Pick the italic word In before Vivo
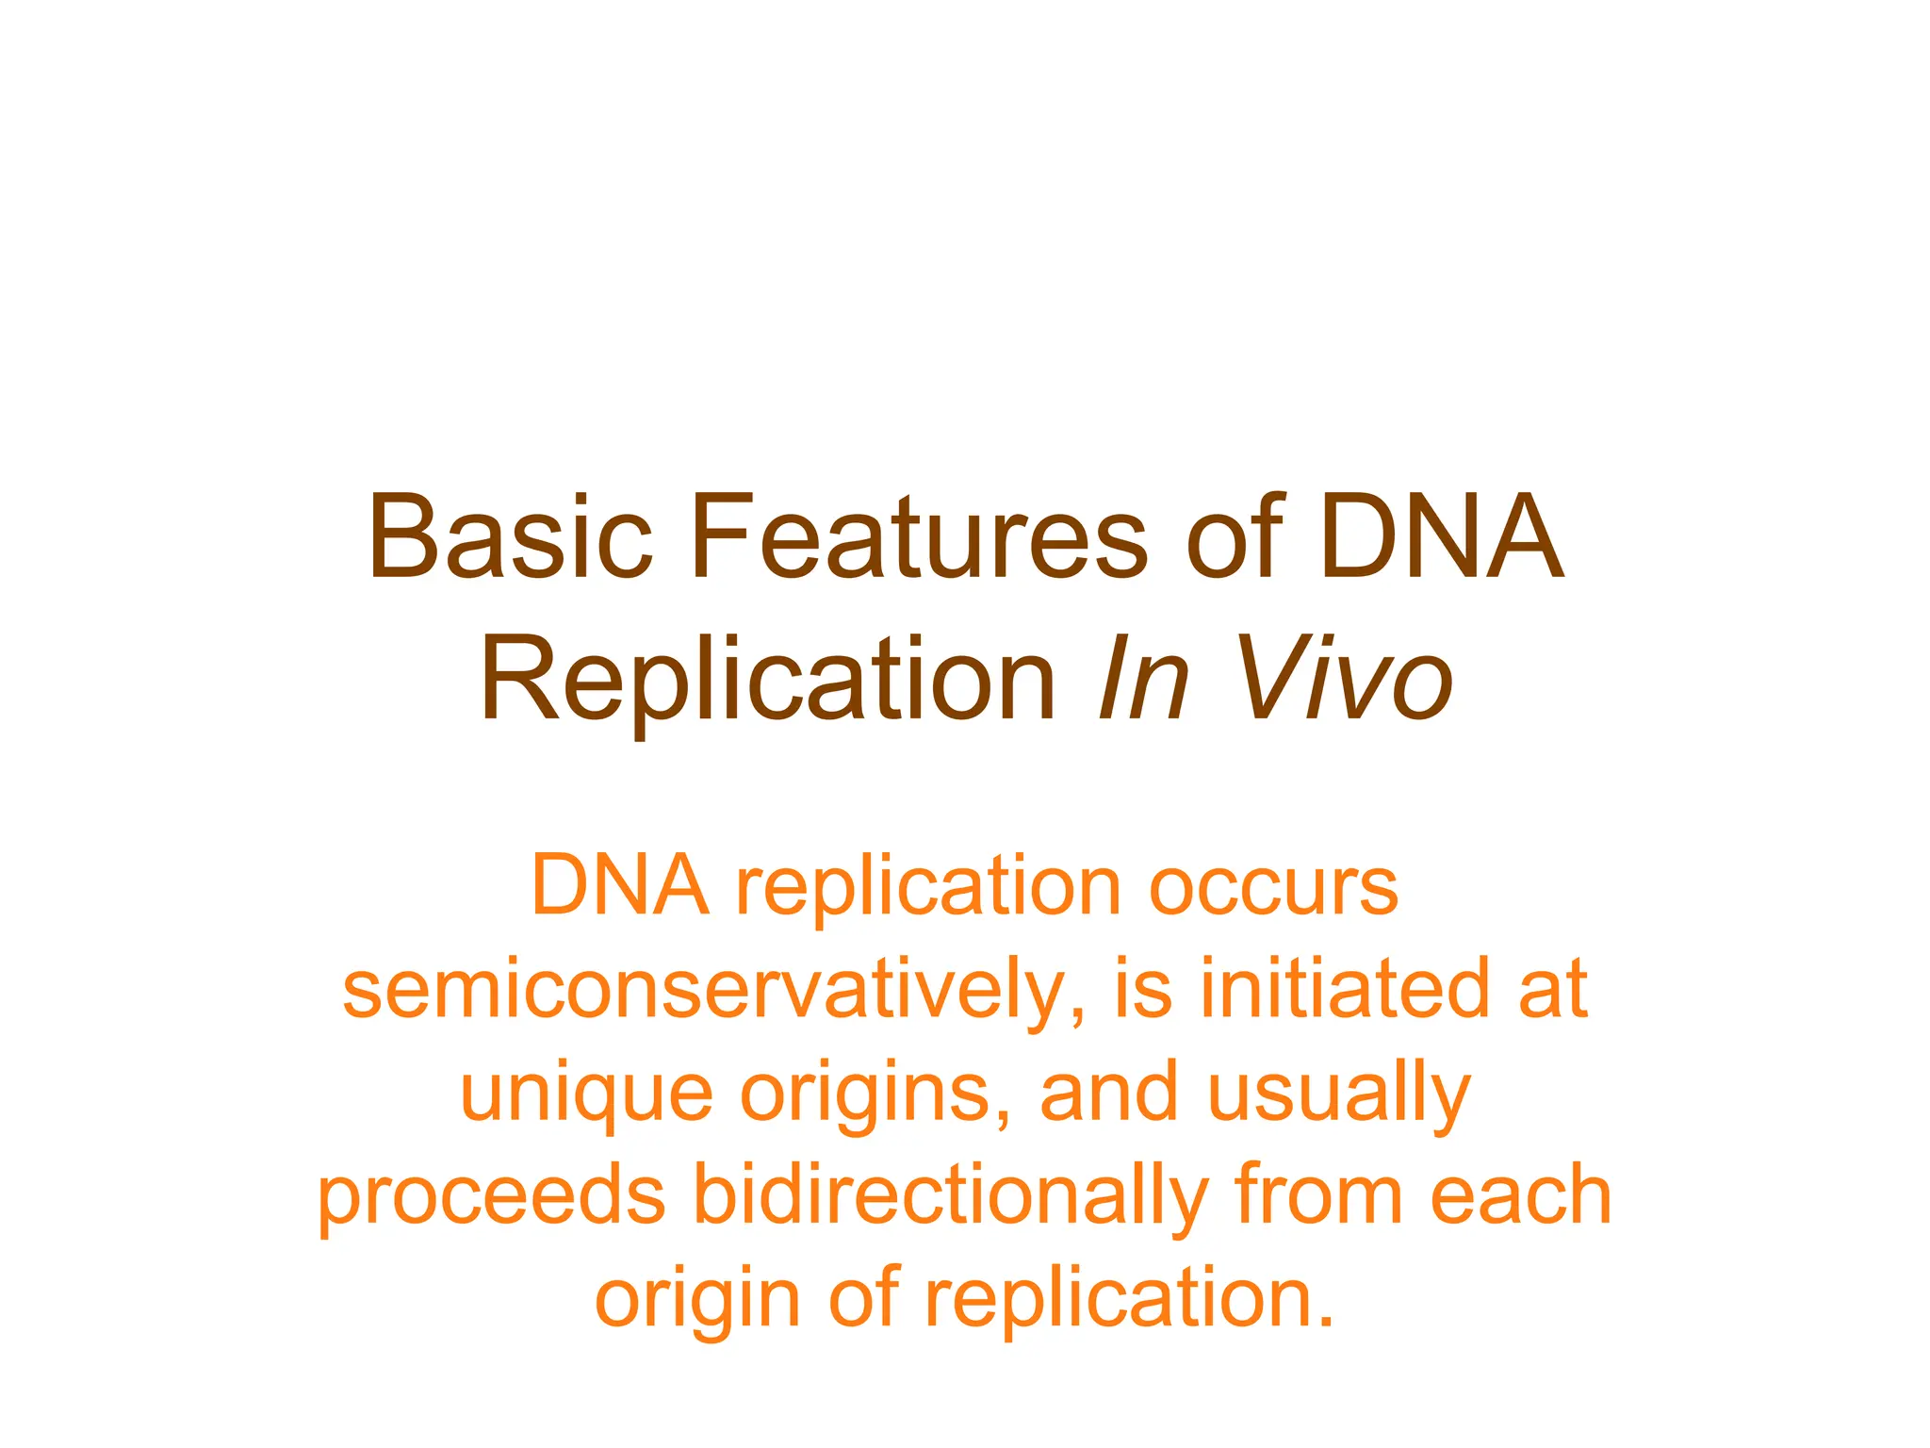click(1143, 679)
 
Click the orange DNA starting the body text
click(619, 886)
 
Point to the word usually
click(1339, 1094)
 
